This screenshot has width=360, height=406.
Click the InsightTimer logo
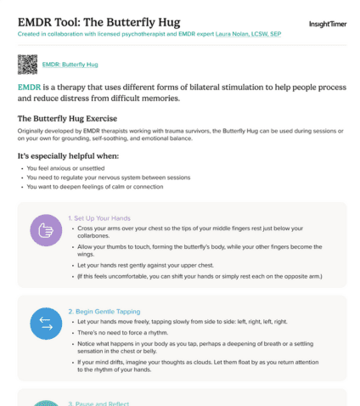pyautogui.click(x=327, y=25)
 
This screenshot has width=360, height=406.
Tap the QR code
pyautogui.click(x=28, y=64)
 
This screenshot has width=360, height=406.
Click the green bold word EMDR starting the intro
pyautogui.click(x=30, y=87)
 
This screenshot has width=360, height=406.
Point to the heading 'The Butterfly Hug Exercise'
pyautogui.click(x=67, y=118)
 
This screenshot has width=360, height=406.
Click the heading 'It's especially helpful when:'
pyautogui.click(x=68, y=156)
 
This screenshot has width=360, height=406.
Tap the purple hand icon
pyautogui.click(x=46, y=230)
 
